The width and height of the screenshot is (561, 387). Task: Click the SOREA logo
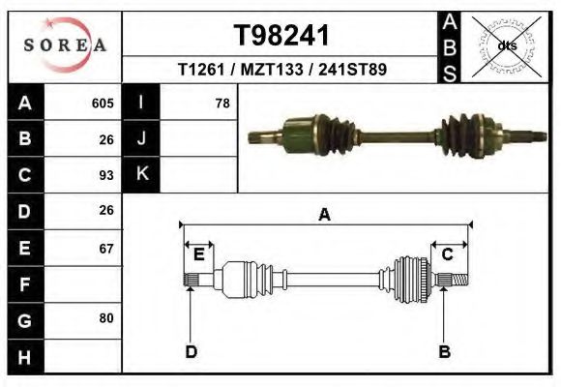pyautogui.click(x=64, y=45)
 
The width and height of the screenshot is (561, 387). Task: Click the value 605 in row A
pyautogui.click(x=103, y=104)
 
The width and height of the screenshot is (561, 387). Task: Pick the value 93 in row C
pyautogui.click(x=106, y=175)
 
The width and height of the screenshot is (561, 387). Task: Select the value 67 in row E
pyautogui.click(x=106, y=248)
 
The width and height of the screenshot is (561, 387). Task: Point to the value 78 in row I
pyautogui.click(x=221, y=104)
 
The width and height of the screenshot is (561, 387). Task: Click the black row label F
pyautogui.click(x=25, y=284)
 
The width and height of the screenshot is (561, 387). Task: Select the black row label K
pyautogui.click(x=141, y=175)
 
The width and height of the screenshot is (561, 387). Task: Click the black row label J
pyautogui.click(x=141, y=139)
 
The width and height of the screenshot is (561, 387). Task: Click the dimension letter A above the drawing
pyautogui.click(x=324, y=215)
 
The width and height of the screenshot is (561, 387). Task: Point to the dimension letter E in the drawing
pyautogui.click(x=198, y=254)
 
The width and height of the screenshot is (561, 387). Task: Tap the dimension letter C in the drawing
pyautogui.click(x=448, y=254)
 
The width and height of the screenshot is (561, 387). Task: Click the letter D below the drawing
pyautogui.click(x=191, y=351)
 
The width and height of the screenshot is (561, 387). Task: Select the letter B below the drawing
pyautogui.click(x=445, y=351)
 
